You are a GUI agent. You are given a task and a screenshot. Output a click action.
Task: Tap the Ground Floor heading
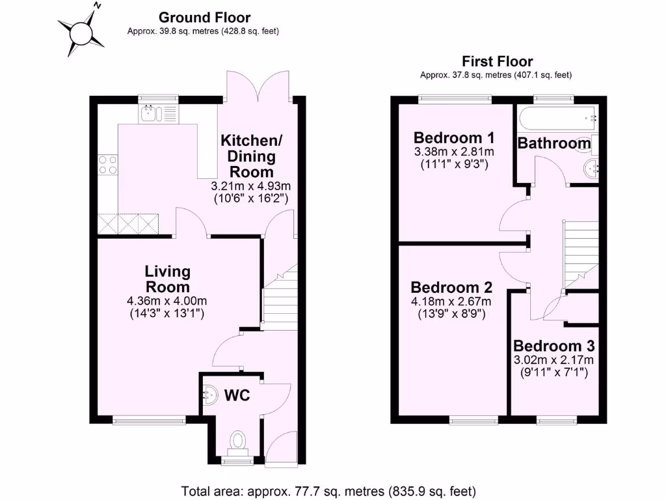[x=204, y=18]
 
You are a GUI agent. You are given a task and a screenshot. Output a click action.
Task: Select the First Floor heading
[x=497, y=62]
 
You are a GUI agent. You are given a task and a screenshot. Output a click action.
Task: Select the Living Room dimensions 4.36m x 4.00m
[x=167, y=301]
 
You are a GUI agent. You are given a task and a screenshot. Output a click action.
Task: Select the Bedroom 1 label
[x=455, y=138]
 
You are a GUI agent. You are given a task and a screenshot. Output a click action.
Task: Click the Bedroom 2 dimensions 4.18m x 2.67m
[x=451, y=301]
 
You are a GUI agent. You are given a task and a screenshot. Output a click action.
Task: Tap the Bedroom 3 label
[x=553, y=346]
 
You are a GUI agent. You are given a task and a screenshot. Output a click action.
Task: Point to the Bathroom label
[x=554, y=143]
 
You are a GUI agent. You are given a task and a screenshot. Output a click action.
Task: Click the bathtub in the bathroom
[x=557, y=118]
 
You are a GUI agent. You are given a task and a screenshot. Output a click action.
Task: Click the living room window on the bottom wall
[x=150, y=421]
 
